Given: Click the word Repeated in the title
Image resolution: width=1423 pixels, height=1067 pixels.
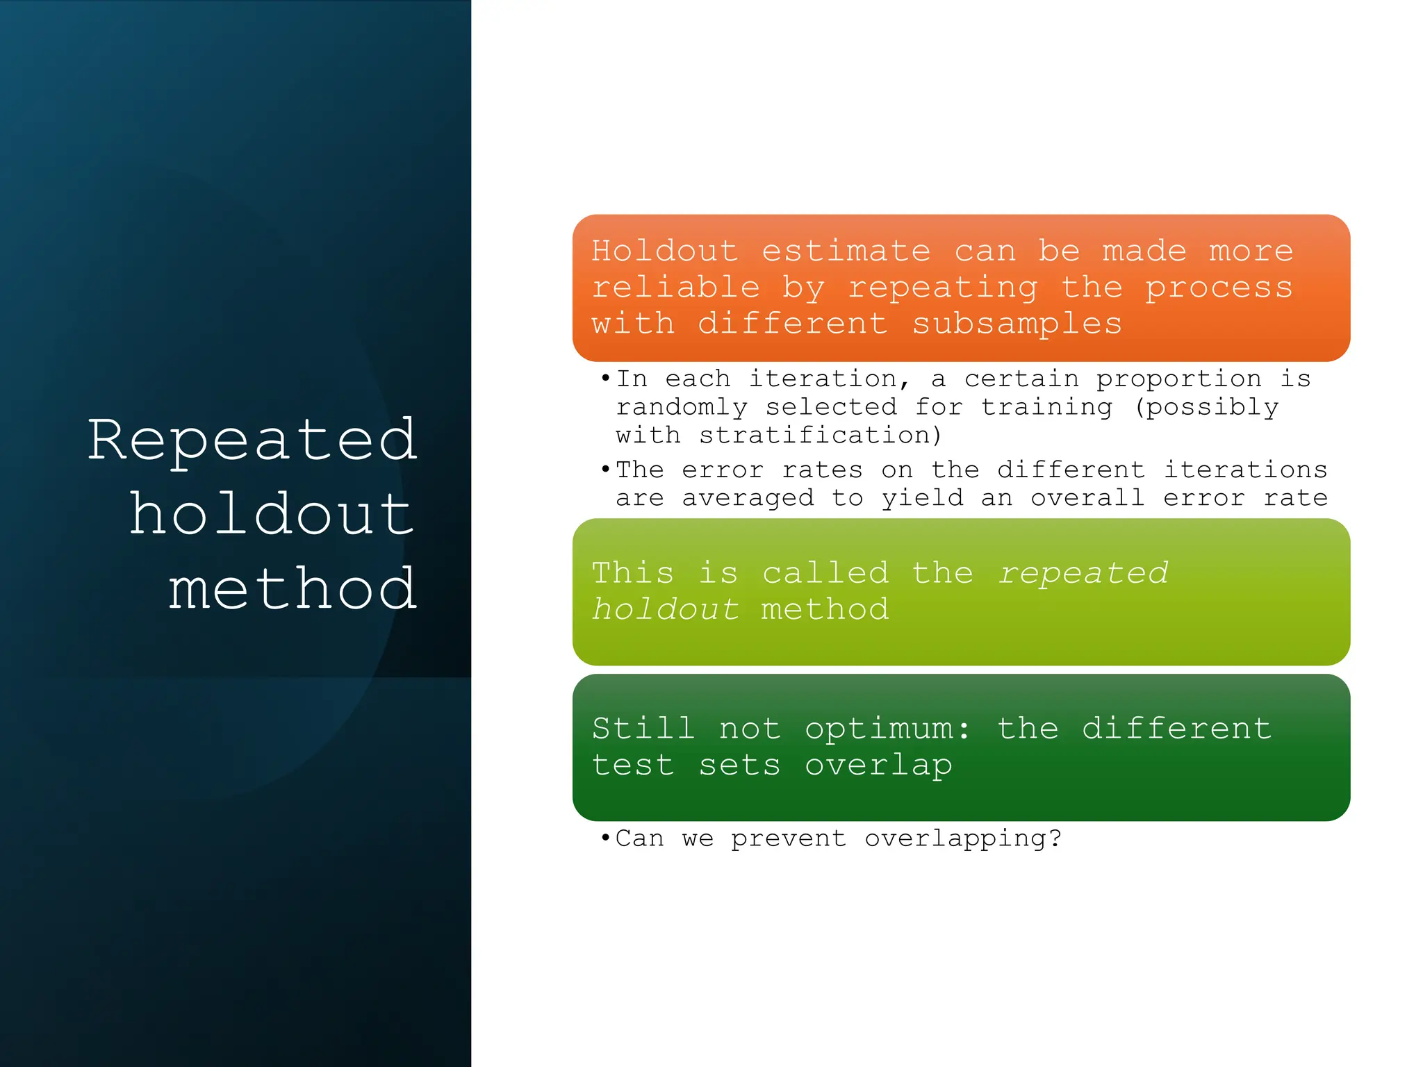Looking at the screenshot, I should (x=252, y=440).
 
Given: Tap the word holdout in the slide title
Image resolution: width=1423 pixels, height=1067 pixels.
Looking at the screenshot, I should (x=272, y=515).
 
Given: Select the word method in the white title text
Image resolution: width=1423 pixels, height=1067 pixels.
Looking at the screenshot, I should (x=293, y=589).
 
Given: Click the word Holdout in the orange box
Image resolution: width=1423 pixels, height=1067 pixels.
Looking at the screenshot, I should (x=665, y=251).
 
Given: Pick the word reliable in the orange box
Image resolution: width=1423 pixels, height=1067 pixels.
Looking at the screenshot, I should (x=675, y=288).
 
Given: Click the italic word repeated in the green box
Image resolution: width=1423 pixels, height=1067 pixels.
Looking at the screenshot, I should (x=1083, y=573).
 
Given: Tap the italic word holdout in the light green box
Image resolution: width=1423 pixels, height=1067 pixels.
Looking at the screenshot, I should (x=665, y=610).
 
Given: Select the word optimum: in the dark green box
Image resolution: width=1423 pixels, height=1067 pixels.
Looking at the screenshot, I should (x=887, y=729).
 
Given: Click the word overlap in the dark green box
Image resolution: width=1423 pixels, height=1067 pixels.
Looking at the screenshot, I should (x=878, y=766).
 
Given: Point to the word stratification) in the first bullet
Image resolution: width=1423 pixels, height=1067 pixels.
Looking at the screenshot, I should (x=779, y=436).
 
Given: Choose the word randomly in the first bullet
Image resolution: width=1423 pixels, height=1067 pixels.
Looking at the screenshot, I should (x=682, y=407).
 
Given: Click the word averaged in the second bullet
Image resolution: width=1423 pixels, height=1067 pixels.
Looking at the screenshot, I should (x=748, y=498).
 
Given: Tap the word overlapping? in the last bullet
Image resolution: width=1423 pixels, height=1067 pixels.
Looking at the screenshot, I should (x=963, y=838).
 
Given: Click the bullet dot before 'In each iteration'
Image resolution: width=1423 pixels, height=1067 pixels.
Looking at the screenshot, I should (x=605, y=379).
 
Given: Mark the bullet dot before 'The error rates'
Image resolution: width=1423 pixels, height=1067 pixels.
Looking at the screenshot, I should (x=605, y=470).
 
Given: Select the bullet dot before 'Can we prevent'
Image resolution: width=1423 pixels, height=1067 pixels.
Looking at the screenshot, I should (x=605, y=838).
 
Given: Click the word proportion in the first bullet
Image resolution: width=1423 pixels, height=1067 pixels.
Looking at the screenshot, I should (x=1178, y=379).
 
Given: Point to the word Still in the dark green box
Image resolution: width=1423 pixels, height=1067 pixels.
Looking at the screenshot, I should (x=643, y=729).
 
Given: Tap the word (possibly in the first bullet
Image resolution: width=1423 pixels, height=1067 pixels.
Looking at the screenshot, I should (x=1206, y=407).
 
